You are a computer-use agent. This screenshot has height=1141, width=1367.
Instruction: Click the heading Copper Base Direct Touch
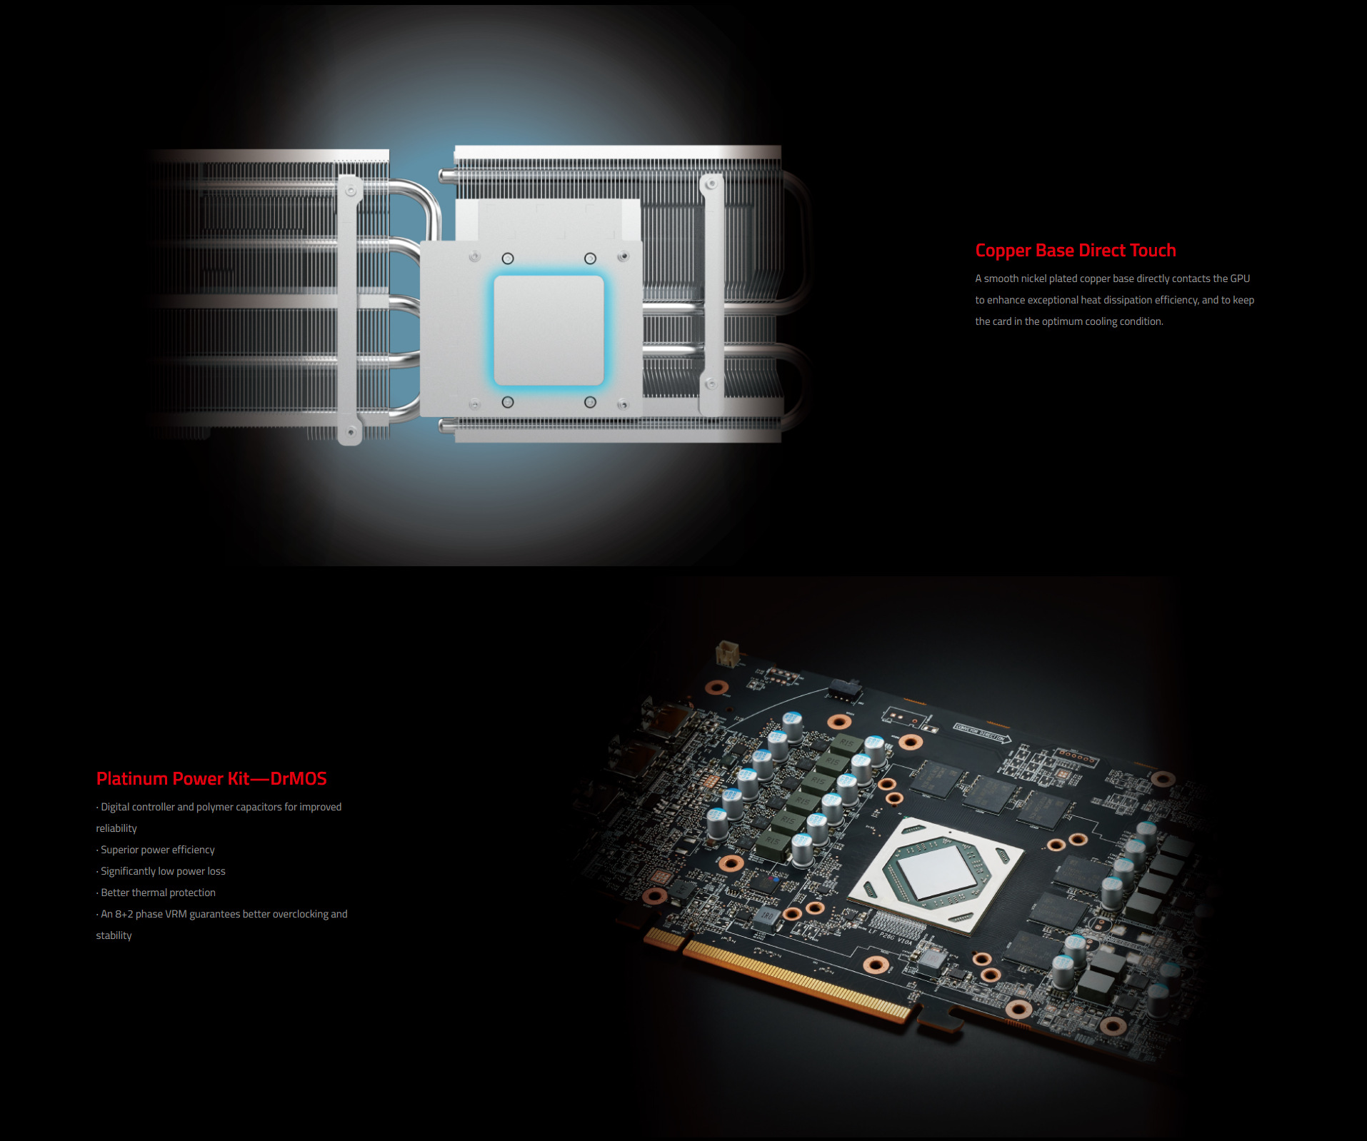(1075, 251)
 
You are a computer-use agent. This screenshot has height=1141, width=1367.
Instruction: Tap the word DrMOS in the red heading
(299, 779)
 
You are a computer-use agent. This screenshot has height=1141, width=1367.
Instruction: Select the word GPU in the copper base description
(1240, 278)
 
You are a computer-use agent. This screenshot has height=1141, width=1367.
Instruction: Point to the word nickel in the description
(1033, 278)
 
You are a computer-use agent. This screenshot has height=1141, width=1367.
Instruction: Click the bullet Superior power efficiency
(156, 850)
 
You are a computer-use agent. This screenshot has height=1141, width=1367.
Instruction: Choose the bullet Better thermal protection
(156, 893)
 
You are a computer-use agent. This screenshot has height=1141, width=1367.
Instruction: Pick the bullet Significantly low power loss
(161, 871)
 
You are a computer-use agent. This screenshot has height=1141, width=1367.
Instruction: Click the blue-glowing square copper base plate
(549, 331)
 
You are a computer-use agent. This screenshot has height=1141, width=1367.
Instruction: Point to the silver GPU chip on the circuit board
(936, 875)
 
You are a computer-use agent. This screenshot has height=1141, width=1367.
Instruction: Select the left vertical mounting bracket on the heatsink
(349, 310)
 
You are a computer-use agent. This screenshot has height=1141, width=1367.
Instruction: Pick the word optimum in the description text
(1061, 321)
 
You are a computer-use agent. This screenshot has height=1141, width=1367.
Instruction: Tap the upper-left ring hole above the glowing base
(508, 258)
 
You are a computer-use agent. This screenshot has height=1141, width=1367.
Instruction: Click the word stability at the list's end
(114, 935)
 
